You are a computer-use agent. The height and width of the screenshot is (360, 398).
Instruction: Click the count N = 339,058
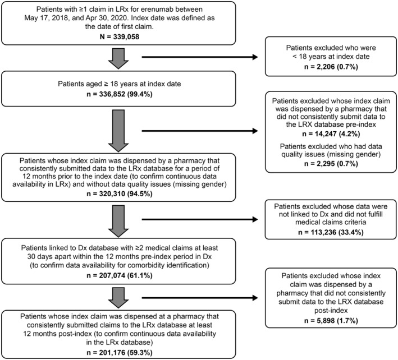pyautogui.click(x=120, y=37)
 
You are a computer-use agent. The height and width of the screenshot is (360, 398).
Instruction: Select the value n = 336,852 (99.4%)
pyautogui.click(x=120, y=94)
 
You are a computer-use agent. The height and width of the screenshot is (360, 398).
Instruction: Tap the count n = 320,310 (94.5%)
pyautogui.click(x=120, y=194)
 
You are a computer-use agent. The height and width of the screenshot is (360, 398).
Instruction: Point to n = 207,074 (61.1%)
pyautogui.click(x=120, y=275)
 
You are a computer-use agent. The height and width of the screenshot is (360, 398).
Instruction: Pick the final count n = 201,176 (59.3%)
pyautogui.click(x=120, y=353)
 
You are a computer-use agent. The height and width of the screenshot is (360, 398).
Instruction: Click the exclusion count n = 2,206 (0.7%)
pyautogui.click(x=331, y=67)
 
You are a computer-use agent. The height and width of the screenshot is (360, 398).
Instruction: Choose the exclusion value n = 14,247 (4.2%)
pyautogui.click(x=331, y=134)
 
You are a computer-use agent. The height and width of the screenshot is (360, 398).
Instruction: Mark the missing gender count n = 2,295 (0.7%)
pyautogui.click(x=331, y=164)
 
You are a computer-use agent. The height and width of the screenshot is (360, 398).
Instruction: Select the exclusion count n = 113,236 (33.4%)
pyautogui.click(x=331, y=232)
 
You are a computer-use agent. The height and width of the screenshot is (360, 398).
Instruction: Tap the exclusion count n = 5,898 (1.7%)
pyautogui.click(x=331, y=321)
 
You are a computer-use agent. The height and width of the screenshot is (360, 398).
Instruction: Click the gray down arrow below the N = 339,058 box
pyautogui.click(x=118, y=58)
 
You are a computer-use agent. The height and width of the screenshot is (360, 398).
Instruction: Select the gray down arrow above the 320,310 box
pyautogui.click(x=118, y=131)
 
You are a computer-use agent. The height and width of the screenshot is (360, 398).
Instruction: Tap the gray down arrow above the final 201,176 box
pyautogui.click(x=118, y=298)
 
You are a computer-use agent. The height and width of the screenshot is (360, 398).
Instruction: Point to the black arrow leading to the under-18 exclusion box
pyautogui.click(x=200, y=57)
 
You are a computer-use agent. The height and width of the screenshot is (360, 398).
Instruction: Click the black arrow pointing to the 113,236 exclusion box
pyautogui.click(x=200, y=219)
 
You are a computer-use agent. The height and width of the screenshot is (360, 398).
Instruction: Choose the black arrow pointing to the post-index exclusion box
pyautogui.click(x=200, y=298)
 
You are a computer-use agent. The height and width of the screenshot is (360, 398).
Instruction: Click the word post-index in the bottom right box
pyautogui.click(x=331, y=311)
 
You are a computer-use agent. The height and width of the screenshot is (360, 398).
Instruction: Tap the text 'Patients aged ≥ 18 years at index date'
pyautogui.click(x=120, y=84)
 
